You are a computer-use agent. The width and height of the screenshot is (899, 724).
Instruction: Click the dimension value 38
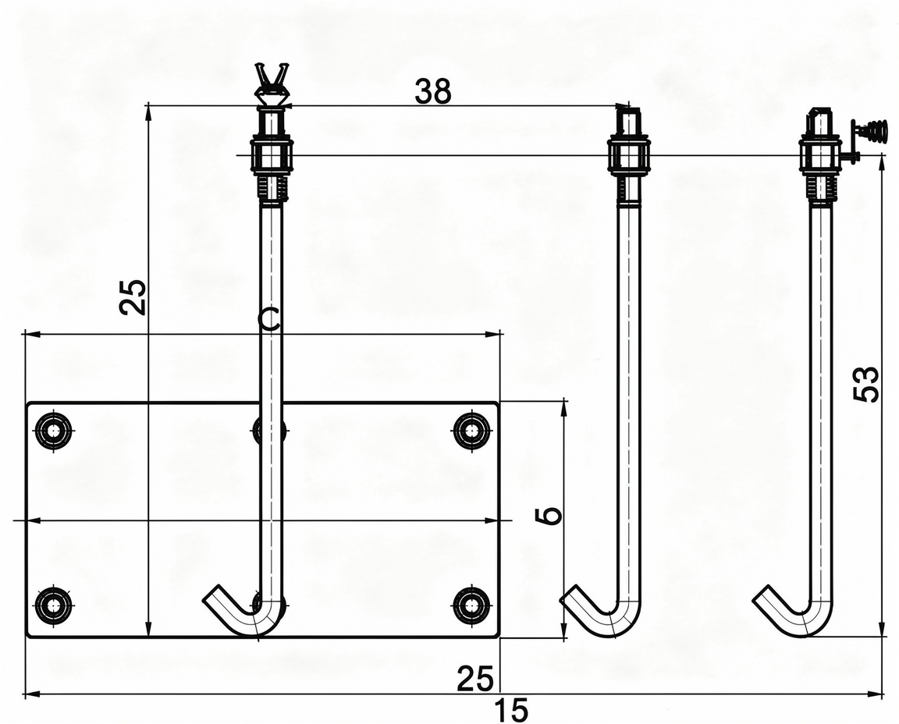click(433, 92)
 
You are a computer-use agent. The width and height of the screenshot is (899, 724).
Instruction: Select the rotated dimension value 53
click(865, 384)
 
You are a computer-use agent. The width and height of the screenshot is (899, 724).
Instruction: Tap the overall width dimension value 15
click(510, 711)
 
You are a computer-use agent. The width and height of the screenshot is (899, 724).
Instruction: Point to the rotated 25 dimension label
click(133, 297)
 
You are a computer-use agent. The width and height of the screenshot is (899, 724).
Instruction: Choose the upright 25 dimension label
click(474, 679)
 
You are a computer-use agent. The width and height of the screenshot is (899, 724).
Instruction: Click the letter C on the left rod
click(268, 319)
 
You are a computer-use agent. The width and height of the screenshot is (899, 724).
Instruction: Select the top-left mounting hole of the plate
click(54, 430)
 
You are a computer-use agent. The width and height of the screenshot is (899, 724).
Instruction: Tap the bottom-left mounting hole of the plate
click(54, 604)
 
